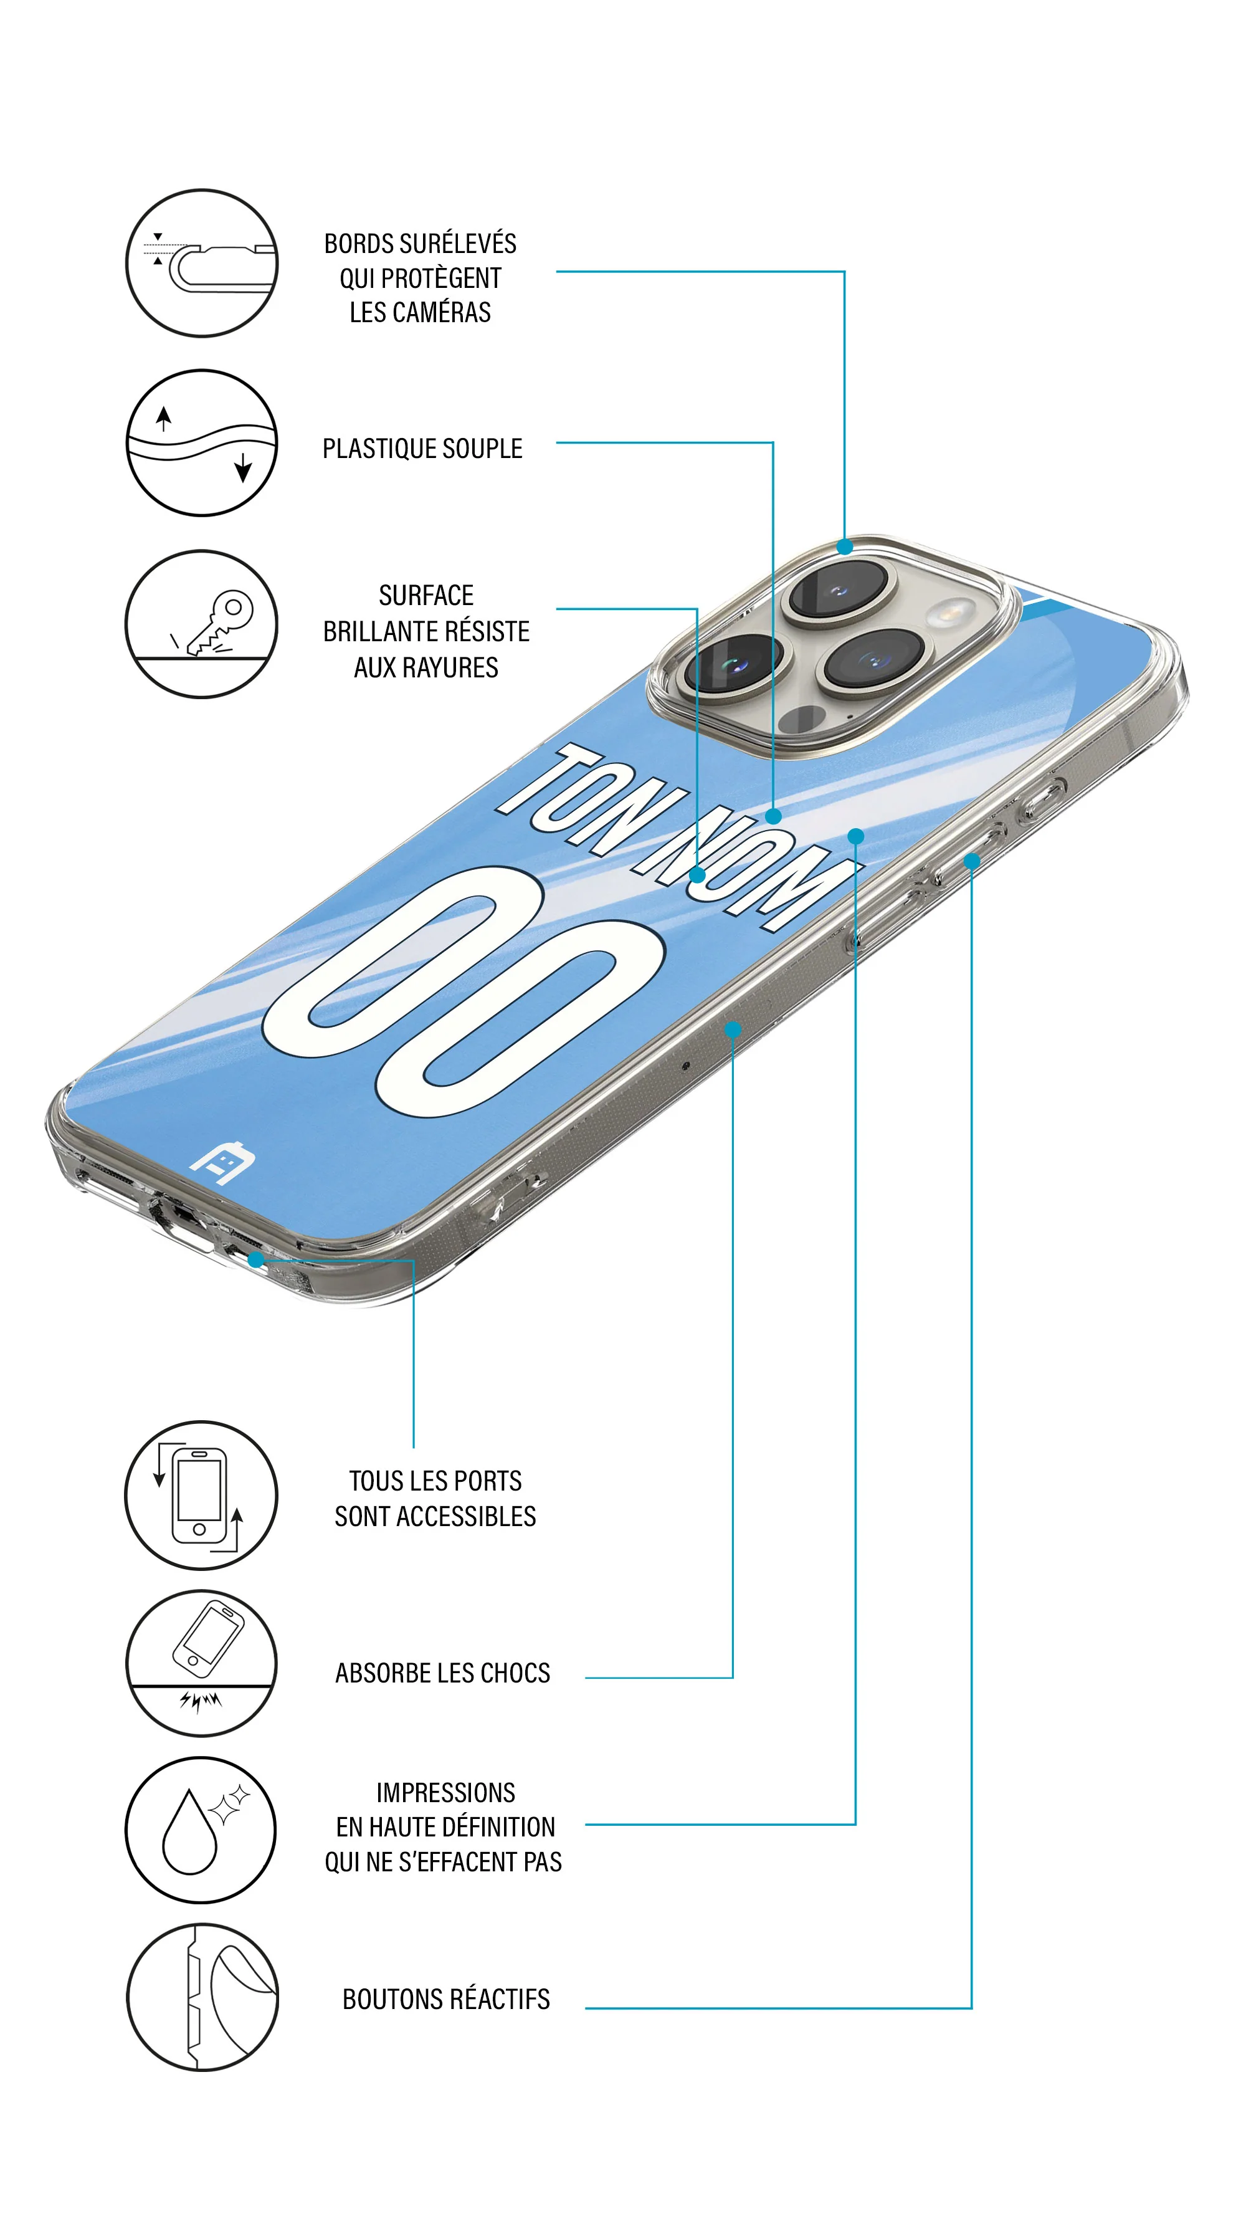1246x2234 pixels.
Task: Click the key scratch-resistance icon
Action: pos(201,624)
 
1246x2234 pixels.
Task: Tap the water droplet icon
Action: pos(201,1830)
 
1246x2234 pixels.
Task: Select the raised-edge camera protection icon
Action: pos(201,263)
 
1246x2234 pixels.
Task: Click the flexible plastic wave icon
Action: pos(201,443)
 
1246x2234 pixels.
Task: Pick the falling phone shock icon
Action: pos(201,1663)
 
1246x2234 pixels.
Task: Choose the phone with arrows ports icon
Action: pos(201,1495)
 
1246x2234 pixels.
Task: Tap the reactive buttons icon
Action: pos(201,1997)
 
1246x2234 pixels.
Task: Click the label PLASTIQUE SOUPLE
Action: pos(422,449)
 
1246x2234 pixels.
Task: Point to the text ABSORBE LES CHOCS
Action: pos(442,1673)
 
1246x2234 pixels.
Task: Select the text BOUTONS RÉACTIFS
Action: pos(445,1999)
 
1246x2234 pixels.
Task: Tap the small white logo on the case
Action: pos(222,1162)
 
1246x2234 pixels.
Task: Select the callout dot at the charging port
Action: pos(256,1259)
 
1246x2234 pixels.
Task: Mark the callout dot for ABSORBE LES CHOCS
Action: pos(733,1029)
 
